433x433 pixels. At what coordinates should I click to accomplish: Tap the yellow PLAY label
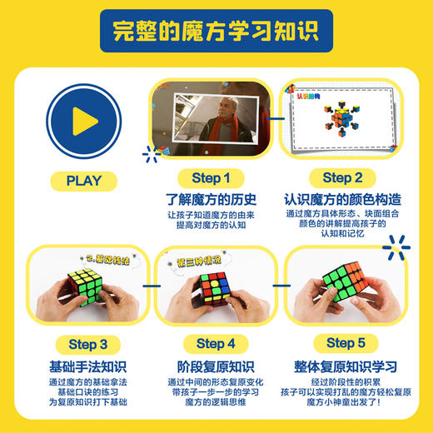pyautogui.click(x=82, y=180)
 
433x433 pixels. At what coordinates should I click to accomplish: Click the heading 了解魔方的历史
pyautogui.click(x=212, y=200)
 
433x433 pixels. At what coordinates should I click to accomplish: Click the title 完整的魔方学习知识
pyautogui.click(x=216, y=32)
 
